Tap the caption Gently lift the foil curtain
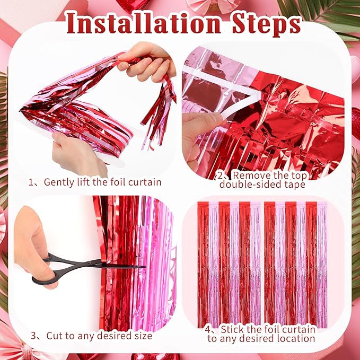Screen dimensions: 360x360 (101, 182)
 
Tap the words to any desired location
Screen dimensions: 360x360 (261, 338)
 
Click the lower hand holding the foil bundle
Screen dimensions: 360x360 (80, 151)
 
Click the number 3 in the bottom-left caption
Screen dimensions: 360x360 (33, 336)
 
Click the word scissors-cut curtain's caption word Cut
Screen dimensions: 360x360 (54, 336)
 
